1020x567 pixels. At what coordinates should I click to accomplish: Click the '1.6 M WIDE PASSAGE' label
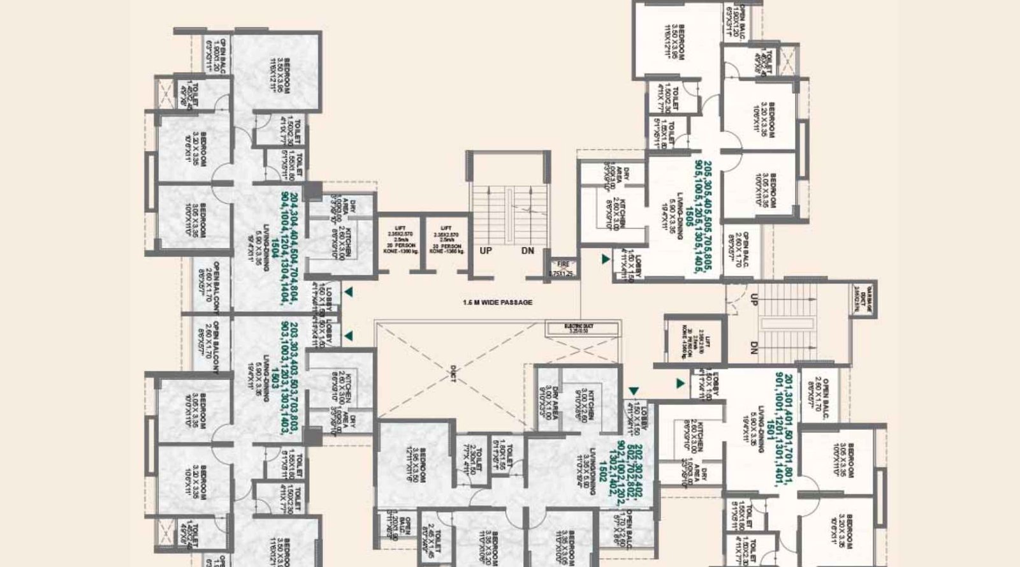coord(497,302)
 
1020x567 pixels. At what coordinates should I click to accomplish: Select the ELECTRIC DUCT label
coord(581,329)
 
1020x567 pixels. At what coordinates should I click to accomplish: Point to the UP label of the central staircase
coord(486,251)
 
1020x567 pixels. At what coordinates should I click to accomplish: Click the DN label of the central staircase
coord(528,251)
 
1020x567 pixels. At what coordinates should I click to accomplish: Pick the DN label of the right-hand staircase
coord(754,348)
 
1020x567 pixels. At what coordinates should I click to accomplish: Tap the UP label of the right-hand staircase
coord(754,298)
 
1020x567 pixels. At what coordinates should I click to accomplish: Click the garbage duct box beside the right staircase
coord(867,298)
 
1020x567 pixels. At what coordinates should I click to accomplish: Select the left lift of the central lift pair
coord(400,240)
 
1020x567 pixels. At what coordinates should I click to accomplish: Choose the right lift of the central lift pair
coord(446,240)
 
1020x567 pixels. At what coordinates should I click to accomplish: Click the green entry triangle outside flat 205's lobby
coord(606,260)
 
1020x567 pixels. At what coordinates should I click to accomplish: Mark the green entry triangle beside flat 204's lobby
coord(349,292)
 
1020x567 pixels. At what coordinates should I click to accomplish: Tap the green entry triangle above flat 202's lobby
coord(633,391)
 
